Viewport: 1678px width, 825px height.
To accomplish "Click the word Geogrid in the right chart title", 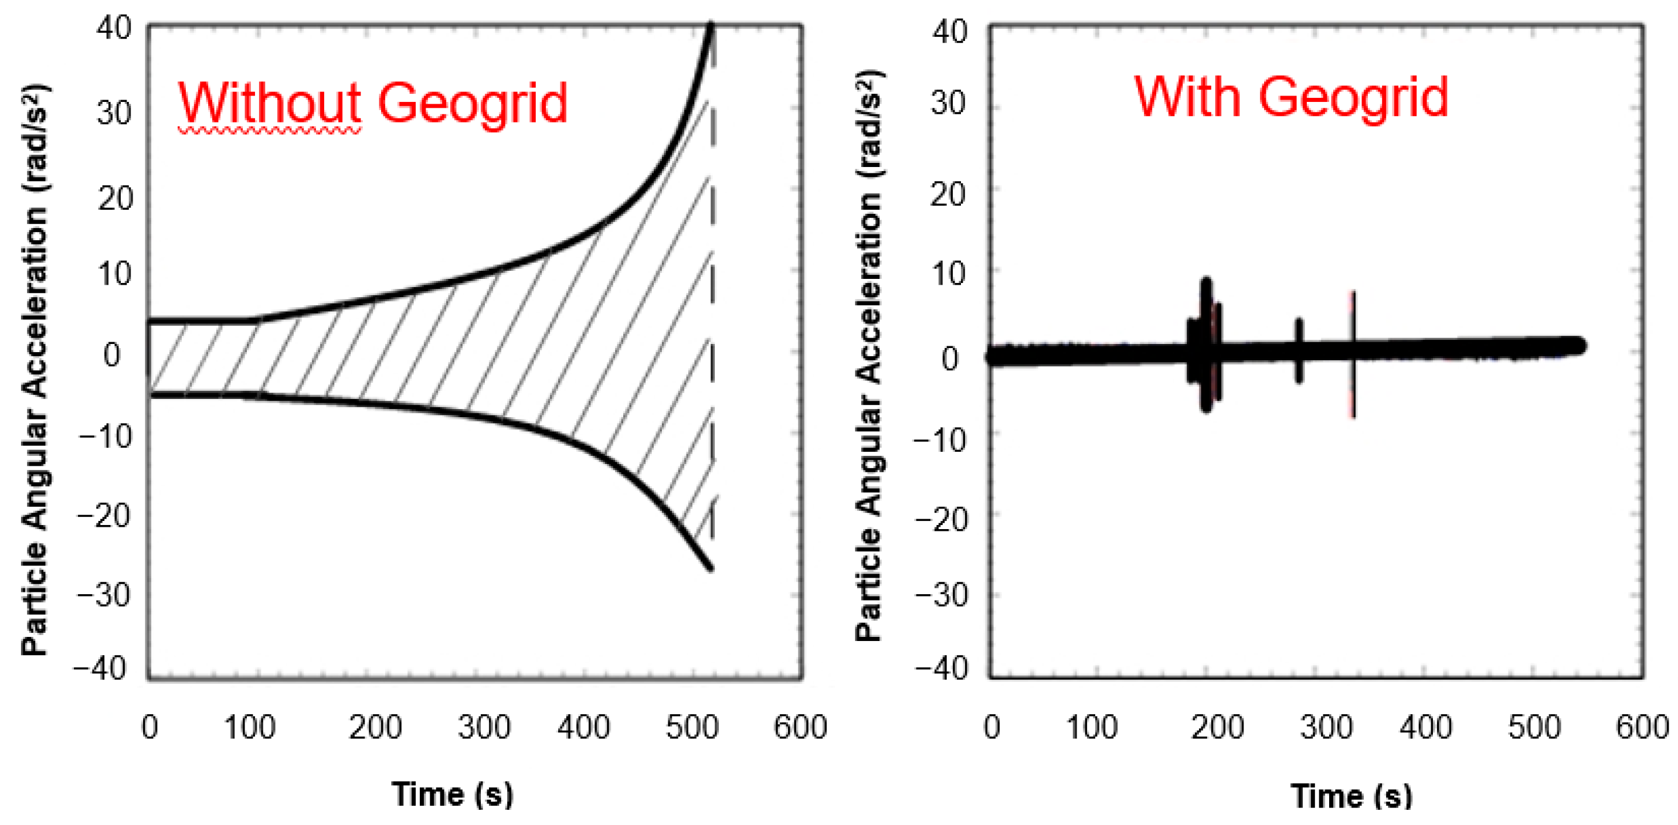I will (1353, 98).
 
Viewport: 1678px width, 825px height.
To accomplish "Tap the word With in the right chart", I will (1187, 98).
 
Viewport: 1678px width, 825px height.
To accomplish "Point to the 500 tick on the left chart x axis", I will (692, 727).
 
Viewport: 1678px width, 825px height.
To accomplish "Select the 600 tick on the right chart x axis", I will (1642, 727).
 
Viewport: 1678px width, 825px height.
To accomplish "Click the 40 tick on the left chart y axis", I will (113, 29).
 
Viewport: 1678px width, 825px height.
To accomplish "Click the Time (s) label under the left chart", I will (452, 795).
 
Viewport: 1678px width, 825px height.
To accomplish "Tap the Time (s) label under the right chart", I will (1351, 796).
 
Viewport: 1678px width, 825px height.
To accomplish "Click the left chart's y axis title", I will (35, 368).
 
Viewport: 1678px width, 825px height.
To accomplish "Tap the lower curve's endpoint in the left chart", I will (710, 568).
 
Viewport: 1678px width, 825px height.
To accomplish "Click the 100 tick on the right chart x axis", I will (1092, 727).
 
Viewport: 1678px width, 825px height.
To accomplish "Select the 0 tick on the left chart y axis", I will (111, 356).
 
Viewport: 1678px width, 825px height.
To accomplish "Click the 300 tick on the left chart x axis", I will (483, 727).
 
